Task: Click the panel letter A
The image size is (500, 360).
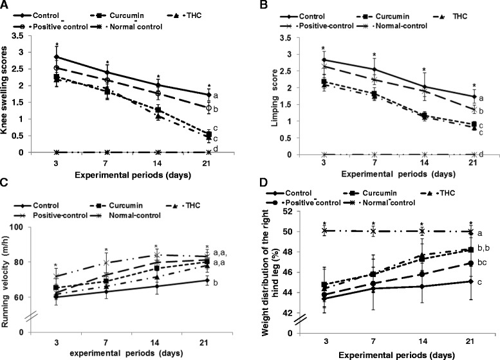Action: tap(5, 6)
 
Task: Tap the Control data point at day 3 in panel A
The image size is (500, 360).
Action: tap(57, 57)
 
